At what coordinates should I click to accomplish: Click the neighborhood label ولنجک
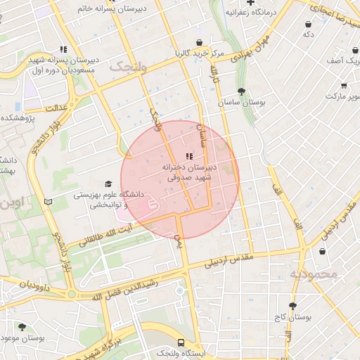pos(129,67)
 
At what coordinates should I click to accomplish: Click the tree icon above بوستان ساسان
pos(241,91)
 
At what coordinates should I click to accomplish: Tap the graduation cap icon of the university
pos(108,184)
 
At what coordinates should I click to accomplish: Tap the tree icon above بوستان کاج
pos(292,306)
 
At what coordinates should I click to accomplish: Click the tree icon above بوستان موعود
pos(22,327)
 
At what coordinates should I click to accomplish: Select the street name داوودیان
pos(25,284)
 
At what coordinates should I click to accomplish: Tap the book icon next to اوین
pos(48,202)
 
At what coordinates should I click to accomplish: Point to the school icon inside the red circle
pos(188,156)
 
